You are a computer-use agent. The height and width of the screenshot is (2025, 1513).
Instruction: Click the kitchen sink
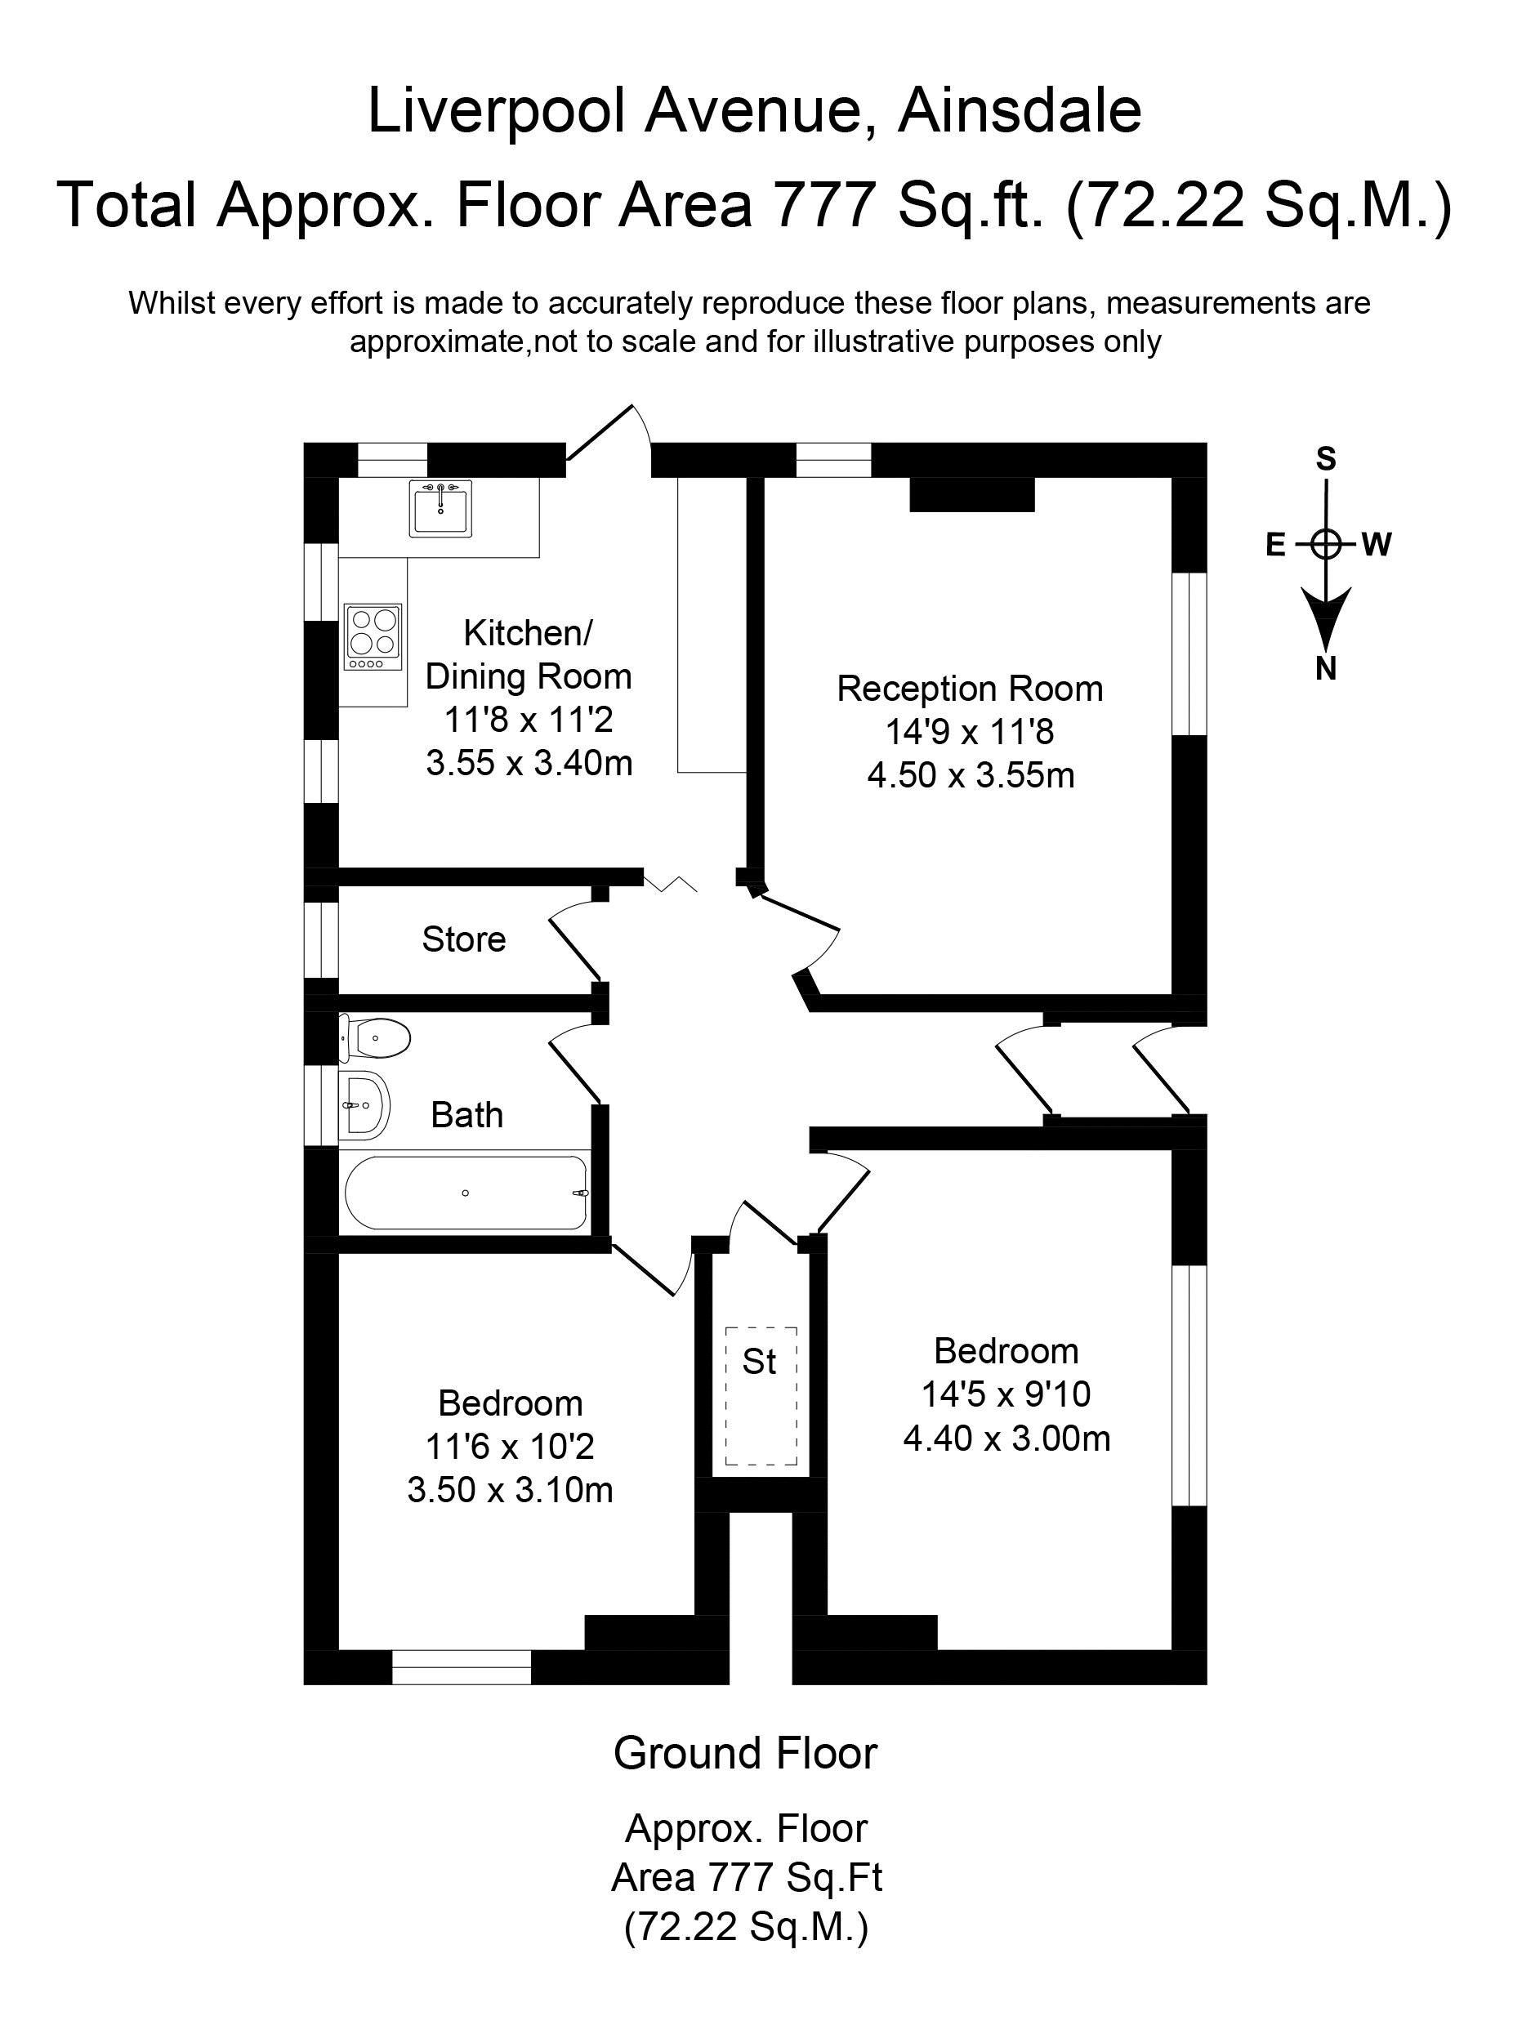point(440,508)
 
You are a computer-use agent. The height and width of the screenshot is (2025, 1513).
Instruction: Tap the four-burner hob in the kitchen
point(373,636)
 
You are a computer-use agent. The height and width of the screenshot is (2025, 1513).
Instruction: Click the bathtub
point(466,1193)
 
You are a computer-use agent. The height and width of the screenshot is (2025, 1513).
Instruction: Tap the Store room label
point(463,939)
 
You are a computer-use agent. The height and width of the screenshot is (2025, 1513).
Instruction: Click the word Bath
point(466,1115)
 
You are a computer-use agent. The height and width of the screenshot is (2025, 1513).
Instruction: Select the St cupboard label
point(759,1363)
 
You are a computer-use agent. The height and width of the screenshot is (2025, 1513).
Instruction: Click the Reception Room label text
point(969,689)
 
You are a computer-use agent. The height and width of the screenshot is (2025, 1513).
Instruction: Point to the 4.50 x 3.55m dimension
point(971,775)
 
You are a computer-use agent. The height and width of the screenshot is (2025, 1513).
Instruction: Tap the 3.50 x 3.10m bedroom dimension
point(510,1491)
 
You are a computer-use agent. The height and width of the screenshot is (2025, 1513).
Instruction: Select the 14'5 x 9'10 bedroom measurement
point(1005,1394)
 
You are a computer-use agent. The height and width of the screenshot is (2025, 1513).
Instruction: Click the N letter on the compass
point(1325,670)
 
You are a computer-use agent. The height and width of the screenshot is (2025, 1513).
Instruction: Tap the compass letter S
point(1325,458)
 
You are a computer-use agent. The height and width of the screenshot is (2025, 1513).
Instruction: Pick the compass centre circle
point(1325,545)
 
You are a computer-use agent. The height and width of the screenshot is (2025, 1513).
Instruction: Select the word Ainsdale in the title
point(1019,111)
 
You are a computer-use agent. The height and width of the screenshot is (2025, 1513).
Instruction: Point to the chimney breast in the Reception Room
point(971,494)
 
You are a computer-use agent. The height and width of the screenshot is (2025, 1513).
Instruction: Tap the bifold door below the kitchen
point(671,882)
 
